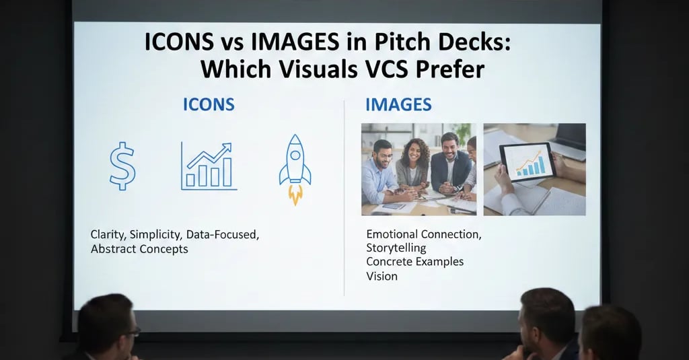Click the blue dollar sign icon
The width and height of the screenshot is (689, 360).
coord(122,166)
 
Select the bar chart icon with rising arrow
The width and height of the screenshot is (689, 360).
coord(209,166)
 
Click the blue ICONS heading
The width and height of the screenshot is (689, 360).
coord(209,104)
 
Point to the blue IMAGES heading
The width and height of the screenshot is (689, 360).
coord(398,105)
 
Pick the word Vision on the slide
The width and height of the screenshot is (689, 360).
coord(382,276)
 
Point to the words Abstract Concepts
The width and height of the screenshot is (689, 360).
coord(139,249)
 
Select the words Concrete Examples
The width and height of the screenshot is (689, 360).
coord(415,262)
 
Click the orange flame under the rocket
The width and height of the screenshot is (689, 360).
coord(295,194)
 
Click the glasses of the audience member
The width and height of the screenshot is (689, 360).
coord(134,331)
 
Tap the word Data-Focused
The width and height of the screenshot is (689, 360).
coord(223,235)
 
